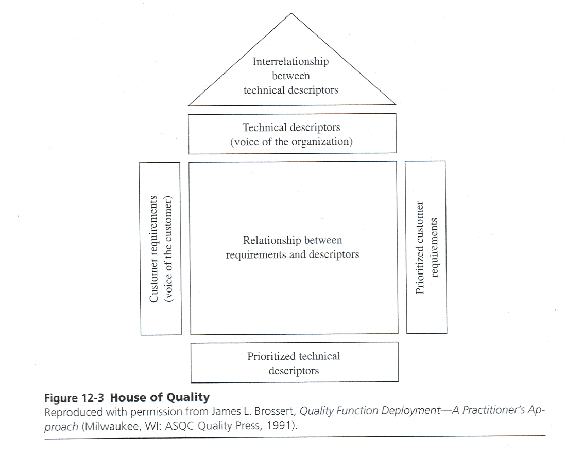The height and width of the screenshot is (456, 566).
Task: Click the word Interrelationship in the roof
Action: point(290,62)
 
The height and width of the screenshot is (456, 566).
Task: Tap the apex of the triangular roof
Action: point(291,14)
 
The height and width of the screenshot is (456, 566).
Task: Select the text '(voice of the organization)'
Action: point(291,142)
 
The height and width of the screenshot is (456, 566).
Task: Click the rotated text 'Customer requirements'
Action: point(153,248)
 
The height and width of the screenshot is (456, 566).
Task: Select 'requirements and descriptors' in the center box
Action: point(293,254)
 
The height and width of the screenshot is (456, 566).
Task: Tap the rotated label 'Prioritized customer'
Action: point(420,248)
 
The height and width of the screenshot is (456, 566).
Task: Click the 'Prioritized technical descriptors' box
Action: point(294,363)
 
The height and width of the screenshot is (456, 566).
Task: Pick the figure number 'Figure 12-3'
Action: point(75,398)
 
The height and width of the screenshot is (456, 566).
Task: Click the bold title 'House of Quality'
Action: point(160,397)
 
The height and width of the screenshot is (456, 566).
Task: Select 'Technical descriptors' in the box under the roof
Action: point(291,127)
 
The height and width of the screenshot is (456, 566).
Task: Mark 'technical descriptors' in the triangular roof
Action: point(291,90)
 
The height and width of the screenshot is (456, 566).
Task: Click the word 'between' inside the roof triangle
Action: point(291,76)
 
